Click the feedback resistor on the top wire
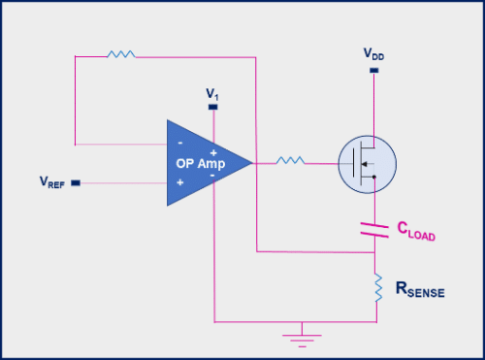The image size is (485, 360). pos(121,55)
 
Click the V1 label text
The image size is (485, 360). pos(211,93)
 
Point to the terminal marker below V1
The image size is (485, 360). pos(212,106)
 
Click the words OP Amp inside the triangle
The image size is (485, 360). pos(201,163)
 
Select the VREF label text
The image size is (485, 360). pos(51,181)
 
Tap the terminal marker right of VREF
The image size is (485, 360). pos(77,181)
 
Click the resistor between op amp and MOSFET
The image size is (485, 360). pos(288,161)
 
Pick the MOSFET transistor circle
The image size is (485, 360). pos(366,163)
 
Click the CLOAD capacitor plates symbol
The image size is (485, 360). pos(373,230)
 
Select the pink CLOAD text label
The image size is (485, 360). pos(416,231)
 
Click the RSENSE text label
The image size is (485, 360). pos(419,288)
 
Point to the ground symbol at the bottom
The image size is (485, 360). pos(302,337)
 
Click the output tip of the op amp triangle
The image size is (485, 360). pos(251,162)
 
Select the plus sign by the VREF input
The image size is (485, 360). pos(179,181)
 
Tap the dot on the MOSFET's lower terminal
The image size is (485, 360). pos(373,178)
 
